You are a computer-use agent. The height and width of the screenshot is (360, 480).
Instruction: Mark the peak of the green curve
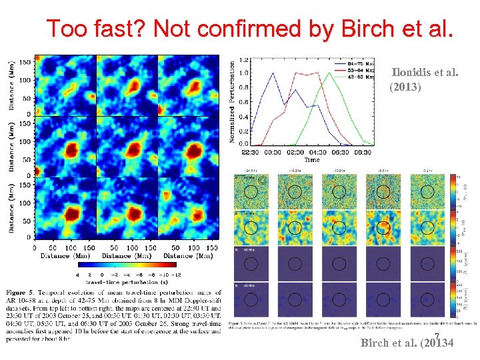[x=327, y=72]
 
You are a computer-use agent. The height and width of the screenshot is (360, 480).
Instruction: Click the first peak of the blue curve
[x=272, y=73]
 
